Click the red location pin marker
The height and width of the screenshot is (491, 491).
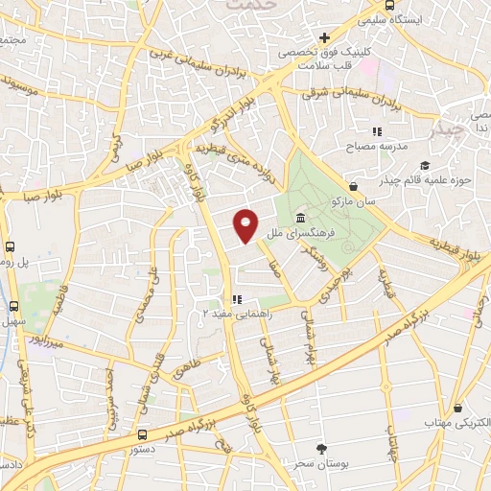[246, 225]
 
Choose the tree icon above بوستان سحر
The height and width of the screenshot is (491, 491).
[320, 448]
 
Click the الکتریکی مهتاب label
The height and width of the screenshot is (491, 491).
[459, 422]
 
